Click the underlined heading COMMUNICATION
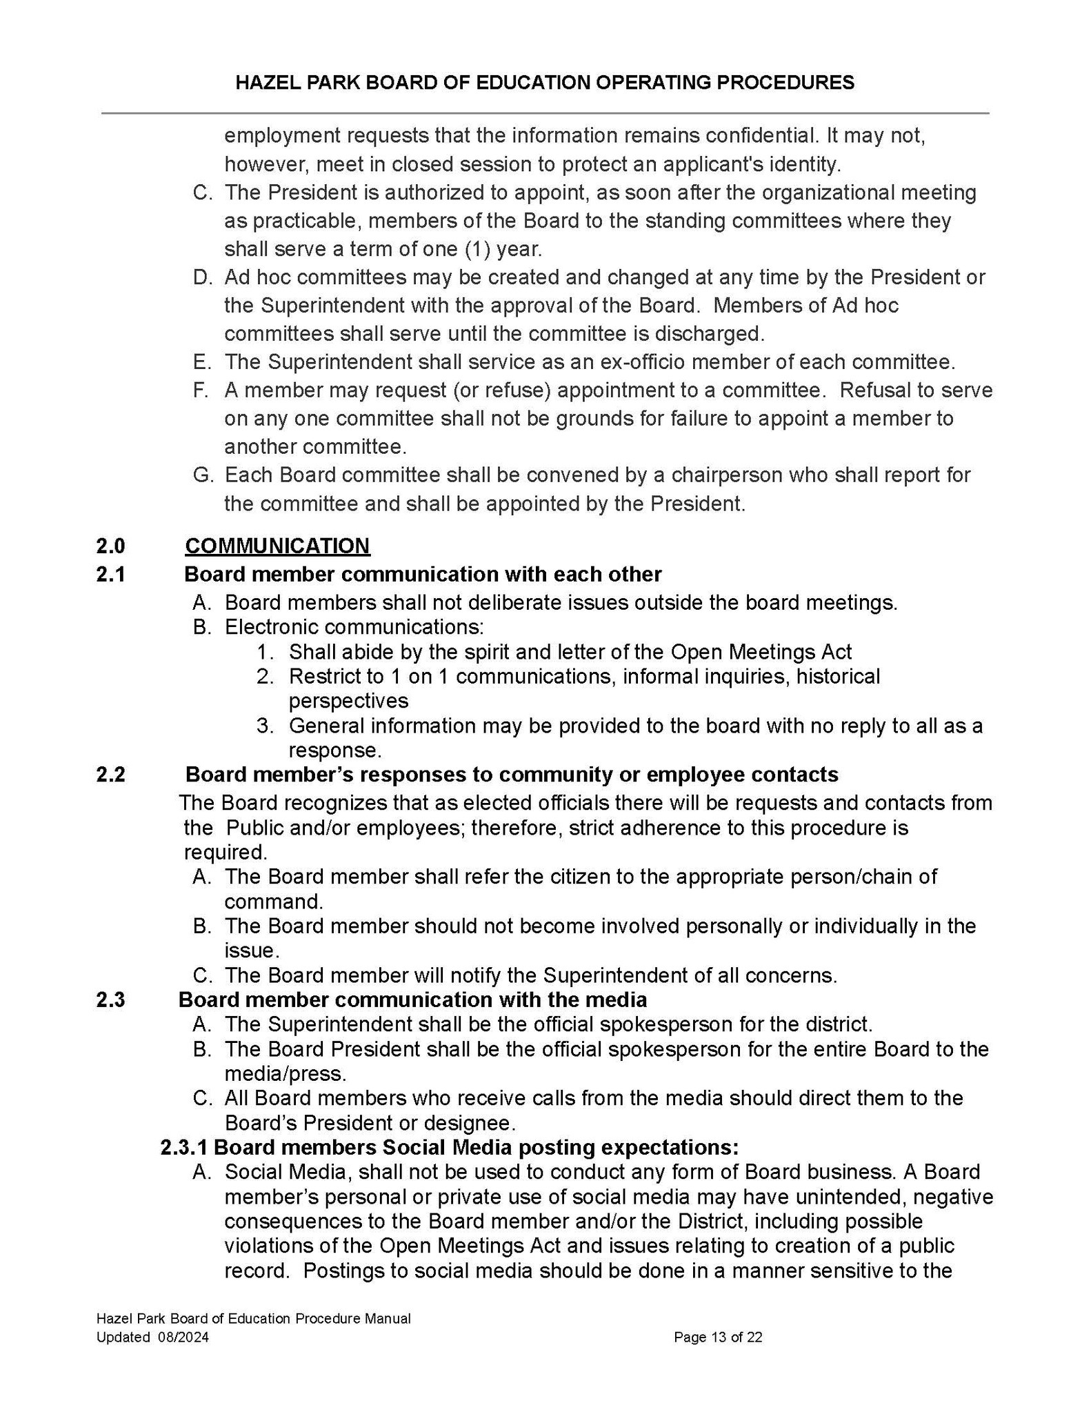(x=277, y=546)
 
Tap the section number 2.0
(x=110, y=546)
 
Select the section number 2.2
(x=110, y=774)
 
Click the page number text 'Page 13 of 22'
(x=718, y=1337)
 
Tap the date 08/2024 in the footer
(x=182, y=1337)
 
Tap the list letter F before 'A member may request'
(x=200, y=390)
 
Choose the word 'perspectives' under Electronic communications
(x=348, y=701)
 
